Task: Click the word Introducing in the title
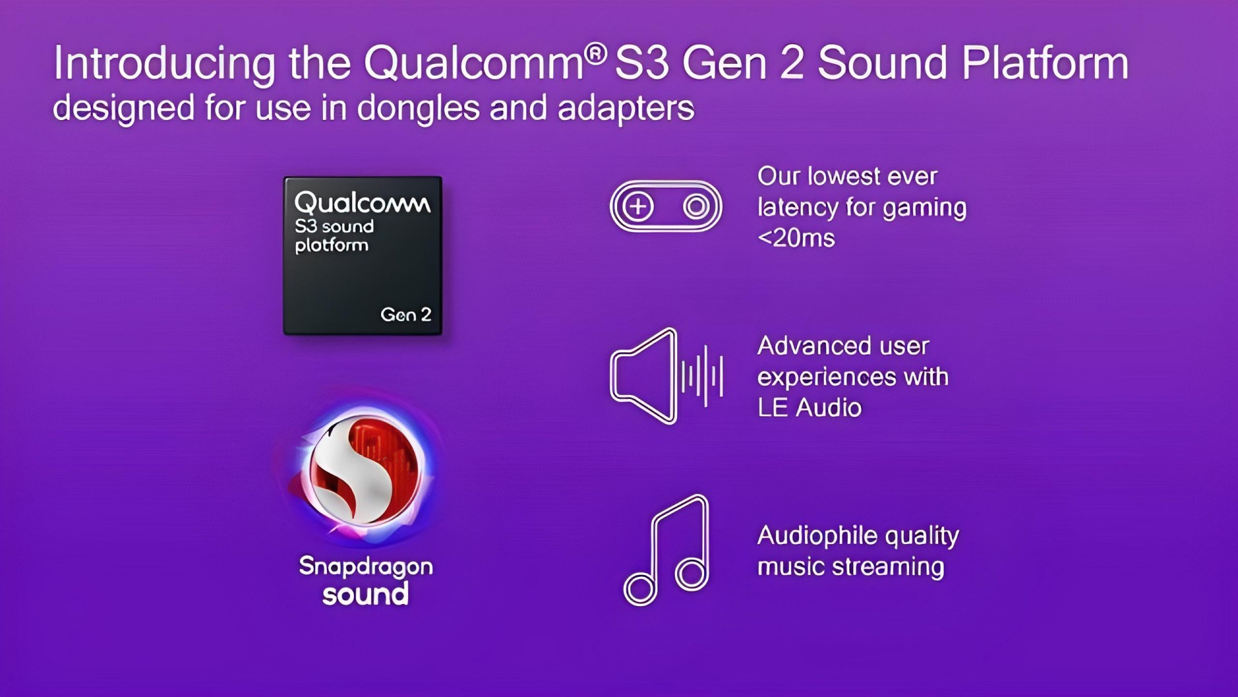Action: coord(164,63)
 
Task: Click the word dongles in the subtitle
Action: coord(418,107)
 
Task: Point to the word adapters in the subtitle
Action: coord(625,108)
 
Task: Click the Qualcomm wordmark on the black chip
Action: coord(362,203)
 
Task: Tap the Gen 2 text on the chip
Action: coord(406,314)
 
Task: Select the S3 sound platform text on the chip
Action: coord(334,236)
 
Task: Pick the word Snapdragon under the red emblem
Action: coord(366,567)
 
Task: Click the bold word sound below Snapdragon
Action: coord(366,594)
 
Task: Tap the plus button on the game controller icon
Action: coord(638,207)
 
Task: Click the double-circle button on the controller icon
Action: coord(696,207)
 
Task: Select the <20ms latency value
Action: coord(796,238)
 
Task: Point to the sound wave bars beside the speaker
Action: coord(702,376)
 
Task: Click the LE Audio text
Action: coord(809,408)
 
